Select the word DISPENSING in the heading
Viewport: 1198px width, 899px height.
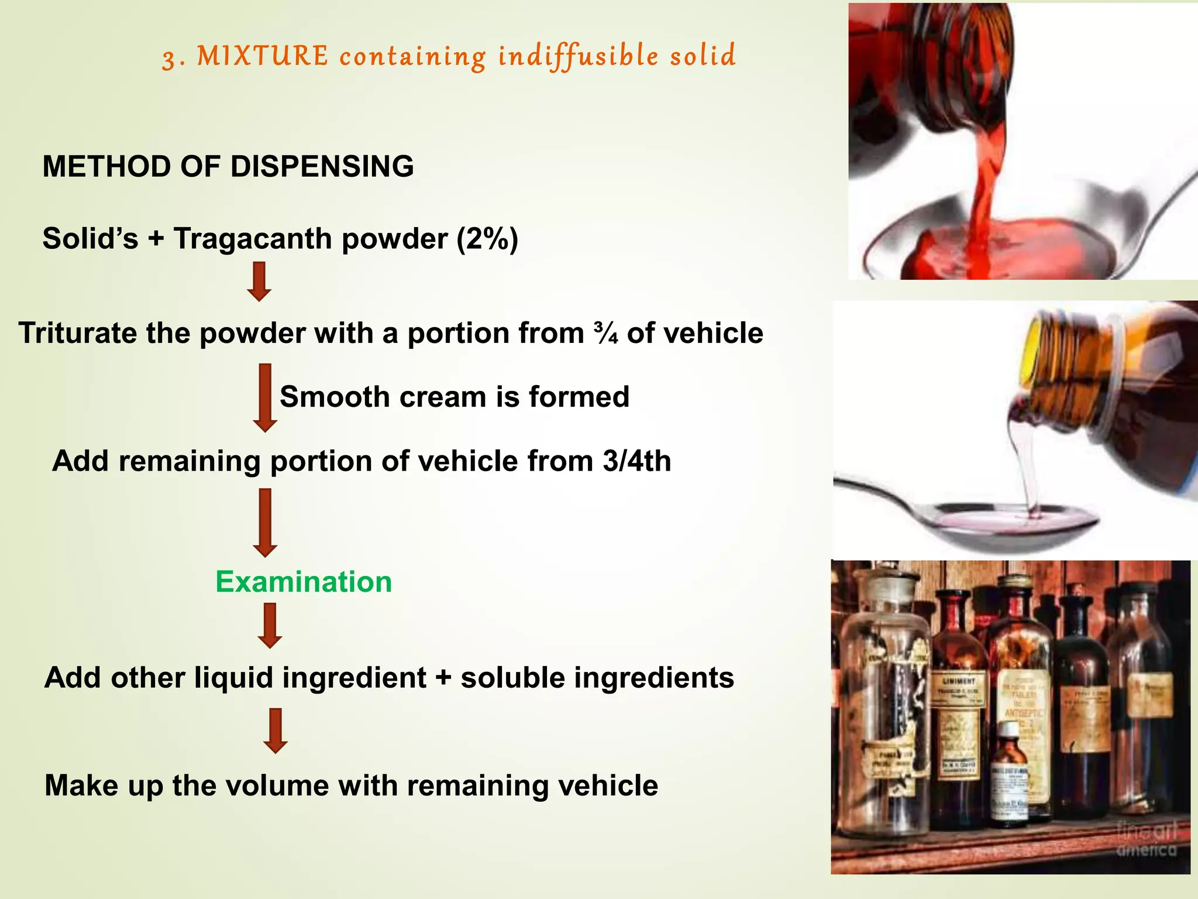tap(322, 167)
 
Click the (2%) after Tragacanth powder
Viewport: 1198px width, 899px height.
tap(487, 239)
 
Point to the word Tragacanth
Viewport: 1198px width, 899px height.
tap(253, 239)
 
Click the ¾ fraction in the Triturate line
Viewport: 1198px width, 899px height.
tap(605, 333)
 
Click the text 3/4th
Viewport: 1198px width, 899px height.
tap(636, 461)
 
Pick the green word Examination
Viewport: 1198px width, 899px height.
tap(304, 582)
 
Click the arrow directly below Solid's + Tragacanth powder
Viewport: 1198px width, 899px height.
tap(259, 282)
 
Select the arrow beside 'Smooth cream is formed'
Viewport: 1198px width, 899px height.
tap(265, 398)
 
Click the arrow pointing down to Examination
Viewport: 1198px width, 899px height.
tap(265, 523)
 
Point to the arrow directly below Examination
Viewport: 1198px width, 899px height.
tap(270, 626)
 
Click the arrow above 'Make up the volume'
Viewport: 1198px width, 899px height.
tap(275, 730)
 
